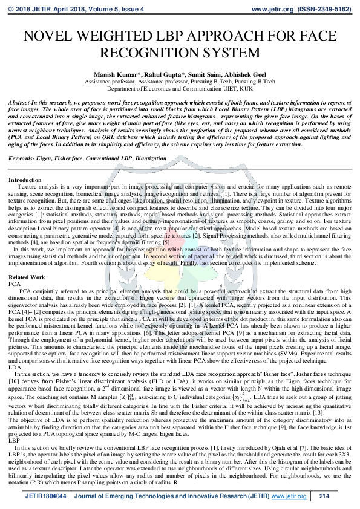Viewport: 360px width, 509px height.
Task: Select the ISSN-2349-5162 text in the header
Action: (324, 10)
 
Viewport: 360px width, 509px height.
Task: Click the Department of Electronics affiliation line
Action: (180, 88)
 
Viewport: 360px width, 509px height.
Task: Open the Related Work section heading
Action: (27, 277)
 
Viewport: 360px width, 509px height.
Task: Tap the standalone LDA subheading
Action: (15, 367)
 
